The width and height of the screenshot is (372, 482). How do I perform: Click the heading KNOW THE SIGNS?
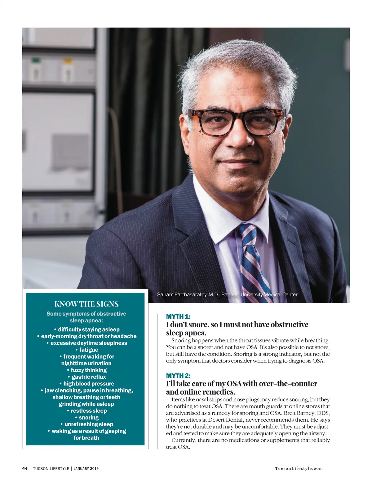(86, 304)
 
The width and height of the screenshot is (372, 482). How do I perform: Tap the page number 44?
(25, 468)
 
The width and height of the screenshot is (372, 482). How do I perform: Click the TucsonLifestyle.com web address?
(299, 468)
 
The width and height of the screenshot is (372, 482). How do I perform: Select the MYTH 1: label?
(178, 316)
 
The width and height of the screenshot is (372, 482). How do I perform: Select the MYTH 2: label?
(178, 376)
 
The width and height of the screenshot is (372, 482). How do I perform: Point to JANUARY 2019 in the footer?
(86, 468)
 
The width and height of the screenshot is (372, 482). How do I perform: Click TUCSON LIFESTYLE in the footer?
(51, 468)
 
